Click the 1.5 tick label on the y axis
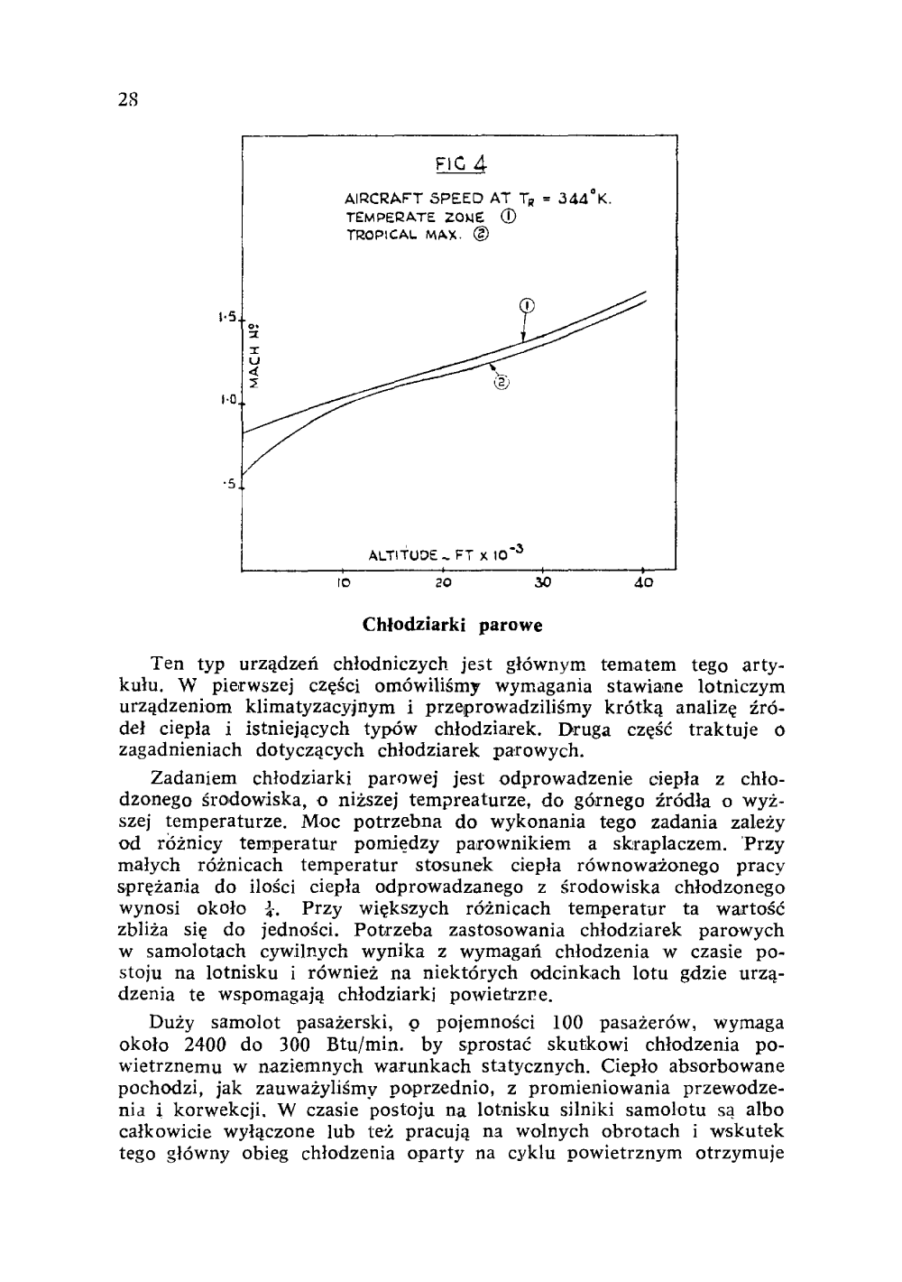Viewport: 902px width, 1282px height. [226, 318]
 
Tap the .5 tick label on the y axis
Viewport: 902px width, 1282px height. [230, 484]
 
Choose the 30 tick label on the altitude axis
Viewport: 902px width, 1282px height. [542, 585]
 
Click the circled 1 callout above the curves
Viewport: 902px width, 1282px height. [528, 304]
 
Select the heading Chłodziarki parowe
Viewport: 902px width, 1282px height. [452, 625]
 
